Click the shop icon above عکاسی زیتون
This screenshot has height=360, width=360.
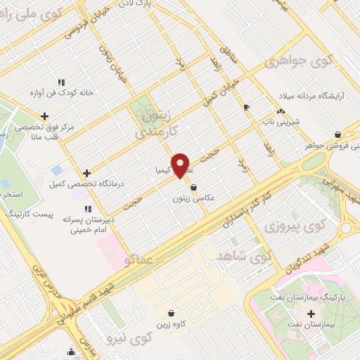click(194, 188)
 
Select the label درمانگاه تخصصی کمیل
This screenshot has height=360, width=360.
click(86, 184)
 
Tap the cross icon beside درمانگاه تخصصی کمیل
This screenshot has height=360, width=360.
click(86, 172)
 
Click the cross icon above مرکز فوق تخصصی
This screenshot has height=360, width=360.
click(45, 116)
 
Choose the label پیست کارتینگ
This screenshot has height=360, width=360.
click(30, 212)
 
